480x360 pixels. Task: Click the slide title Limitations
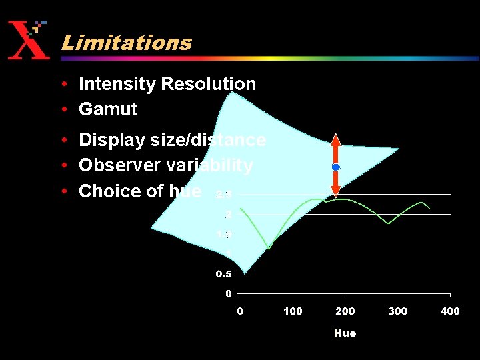[x=126, y=43]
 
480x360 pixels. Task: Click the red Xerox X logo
[x=28, y=41]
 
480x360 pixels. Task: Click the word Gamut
[x=107, y=109]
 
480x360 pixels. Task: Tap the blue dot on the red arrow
[x=336, y=167]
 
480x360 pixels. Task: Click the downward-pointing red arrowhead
[x=336, y=191]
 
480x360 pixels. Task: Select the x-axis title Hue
[x=345, y=333]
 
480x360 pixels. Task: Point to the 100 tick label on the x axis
[x=293, y=311]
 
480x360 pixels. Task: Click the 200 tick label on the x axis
[x=345, y=311]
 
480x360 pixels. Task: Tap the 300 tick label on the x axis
[x=398, y=311]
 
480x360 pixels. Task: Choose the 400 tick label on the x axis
[x=450, y=311]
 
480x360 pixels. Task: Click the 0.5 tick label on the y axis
[x=223, y=274]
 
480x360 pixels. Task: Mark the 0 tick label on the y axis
[x=228, y=293]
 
